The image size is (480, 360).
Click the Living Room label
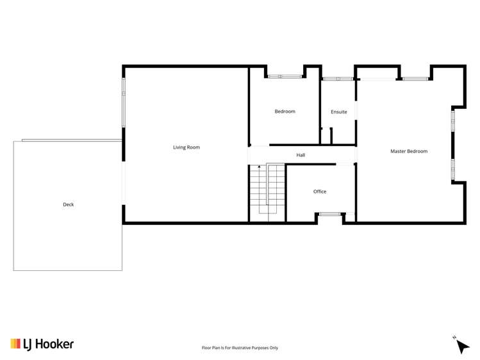click(x=186, y=147)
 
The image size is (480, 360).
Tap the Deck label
click(x=68, y=205)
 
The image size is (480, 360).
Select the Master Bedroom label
click(x=409, y=151)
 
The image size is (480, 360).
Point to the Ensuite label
click(x=339, y=112)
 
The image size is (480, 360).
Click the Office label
click(x=320, y=192)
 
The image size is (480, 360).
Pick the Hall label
click(x=301, y=155)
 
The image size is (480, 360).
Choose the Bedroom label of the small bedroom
click(x=285, y=111)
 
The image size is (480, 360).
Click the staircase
click(x=267, y=191)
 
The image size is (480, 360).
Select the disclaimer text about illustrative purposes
click(x=240, y=348)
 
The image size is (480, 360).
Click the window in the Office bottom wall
click(x=330, y=214)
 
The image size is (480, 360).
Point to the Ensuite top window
click(x=338, y=79)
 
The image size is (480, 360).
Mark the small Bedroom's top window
click(x=285, y=76)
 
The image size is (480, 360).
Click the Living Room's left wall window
click(x=124, y=102)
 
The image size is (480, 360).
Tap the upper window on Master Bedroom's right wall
click(x=452, y=120)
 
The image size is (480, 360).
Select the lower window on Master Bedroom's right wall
click(x=452, y=168)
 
